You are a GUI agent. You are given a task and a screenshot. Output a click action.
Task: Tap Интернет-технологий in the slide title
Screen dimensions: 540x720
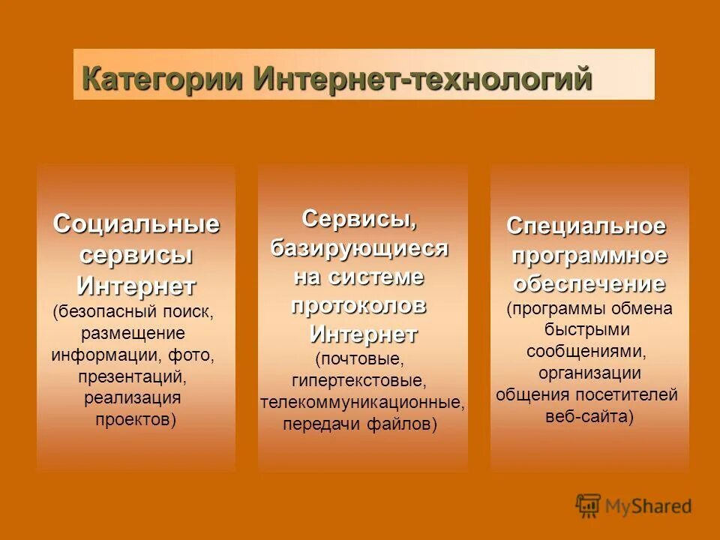(x=423, y=79)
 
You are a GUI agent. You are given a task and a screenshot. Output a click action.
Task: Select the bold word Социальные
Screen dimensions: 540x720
(x=136, y=224)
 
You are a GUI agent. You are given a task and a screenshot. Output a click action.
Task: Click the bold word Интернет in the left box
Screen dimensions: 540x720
(x=136, y=286)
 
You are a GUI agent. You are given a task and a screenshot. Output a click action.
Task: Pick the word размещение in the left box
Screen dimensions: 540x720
(x=133, y=332)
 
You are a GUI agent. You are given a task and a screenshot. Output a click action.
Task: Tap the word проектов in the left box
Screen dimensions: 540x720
(x=133, y=419)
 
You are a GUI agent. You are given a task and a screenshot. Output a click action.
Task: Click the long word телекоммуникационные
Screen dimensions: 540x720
(x=362, y=403)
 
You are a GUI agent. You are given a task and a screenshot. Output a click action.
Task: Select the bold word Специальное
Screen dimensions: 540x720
(x=586, y=226)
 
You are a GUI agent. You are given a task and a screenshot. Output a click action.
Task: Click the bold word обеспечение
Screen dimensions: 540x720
(x=589, y=284)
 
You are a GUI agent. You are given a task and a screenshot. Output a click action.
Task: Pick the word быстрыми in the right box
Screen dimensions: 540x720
(x=587, y=329)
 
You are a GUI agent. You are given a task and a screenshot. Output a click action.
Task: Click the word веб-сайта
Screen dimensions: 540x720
(x=586, y=416)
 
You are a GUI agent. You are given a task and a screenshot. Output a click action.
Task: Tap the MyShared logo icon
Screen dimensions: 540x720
(x=589, y=505)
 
